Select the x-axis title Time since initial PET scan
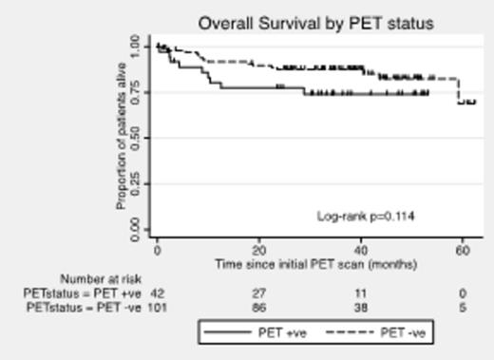[x=309, y=263]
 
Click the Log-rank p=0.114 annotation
[x=366, y=217]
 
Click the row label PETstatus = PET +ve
[x=85, y=294]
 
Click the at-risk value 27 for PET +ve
[x=258, y=294]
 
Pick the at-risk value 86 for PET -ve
[x=258, y=308]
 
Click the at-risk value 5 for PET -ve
[x=463, y=308]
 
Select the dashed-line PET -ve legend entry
[x=376, y=332]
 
